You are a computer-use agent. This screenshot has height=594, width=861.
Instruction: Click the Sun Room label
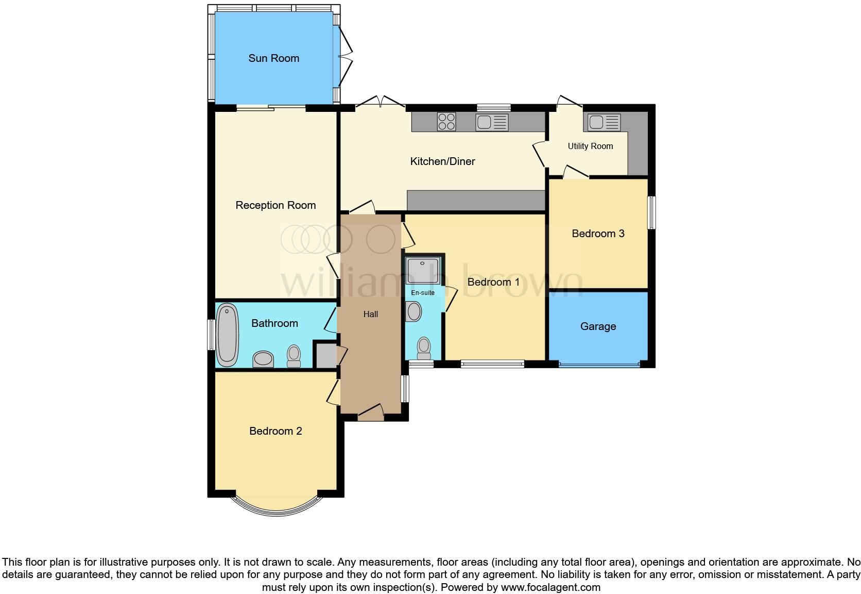[x=273, y=58]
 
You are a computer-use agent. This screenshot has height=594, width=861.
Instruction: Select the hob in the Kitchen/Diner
[x=446, y=122]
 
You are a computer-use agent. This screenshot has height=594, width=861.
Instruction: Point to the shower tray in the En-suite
[x=422, y=271]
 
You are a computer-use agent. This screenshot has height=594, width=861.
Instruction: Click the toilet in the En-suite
[x=424, y=348]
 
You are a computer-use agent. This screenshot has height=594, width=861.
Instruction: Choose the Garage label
[x=598, y=326]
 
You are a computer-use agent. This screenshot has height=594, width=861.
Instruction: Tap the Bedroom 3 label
[x=598, y=234]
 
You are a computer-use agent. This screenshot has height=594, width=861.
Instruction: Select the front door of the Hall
[x=371, y=412]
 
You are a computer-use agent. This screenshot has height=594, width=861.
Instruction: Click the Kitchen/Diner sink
[x=492, y=122]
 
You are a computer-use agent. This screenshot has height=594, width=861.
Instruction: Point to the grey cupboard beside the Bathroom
[x=325, y=355]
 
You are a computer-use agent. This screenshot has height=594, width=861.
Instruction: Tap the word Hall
[x=371, y=314]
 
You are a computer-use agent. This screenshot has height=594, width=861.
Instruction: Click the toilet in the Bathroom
[x=294, y=356]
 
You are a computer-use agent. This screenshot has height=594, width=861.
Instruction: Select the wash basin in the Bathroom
[x=263, y=359]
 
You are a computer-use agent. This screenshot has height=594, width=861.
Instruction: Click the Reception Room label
[x=275, y=205]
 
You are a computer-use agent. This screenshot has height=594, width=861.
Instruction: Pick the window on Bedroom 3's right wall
[x=651, y=212]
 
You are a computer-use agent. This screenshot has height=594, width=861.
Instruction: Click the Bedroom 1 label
[x=493, y=282]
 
